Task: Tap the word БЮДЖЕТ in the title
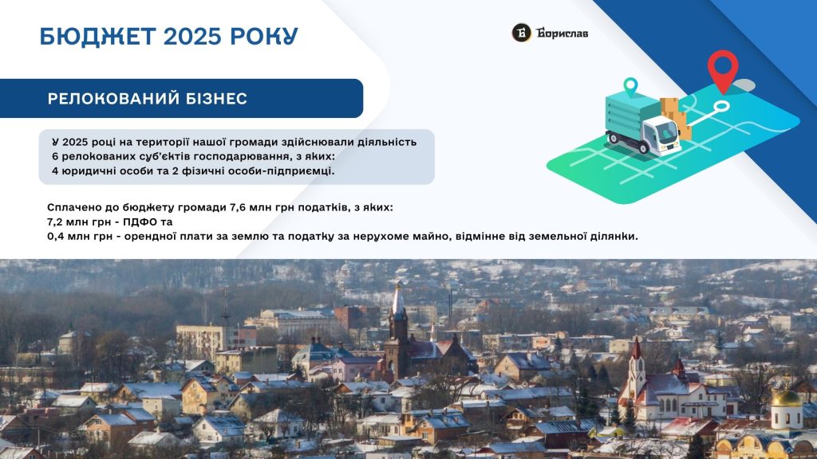click(x=97, y=37)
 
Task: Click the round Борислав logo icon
click(x=521, y=33)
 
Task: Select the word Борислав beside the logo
click(x=562, y=33)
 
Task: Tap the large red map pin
click(x=723, y=71)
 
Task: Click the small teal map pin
click(x=630, y=87)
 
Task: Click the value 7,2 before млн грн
click(x=55, y=222)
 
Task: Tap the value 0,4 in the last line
click(x=55, y=236)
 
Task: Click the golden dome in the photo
click(x=787, y=398)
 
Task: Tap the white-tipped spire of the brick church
click(x=398, y=300)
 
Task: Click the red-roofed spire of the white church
click(x=636, y=349)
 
